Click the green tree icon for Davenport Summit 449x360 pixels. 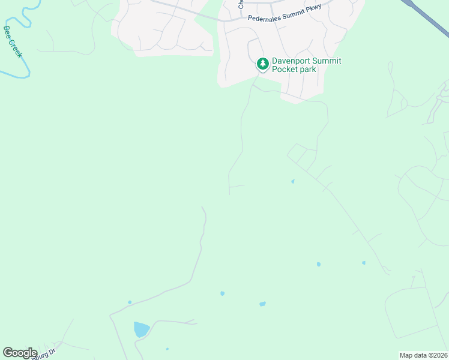[x=262, y=63]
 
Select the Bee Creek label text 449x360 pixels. [x=13, y=41]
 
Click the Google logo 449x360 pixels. [x=20, y=353]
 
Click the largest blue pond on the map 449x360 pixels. [x=141, y=329]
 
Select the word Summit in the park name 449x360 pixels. [x=329, y=61]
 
